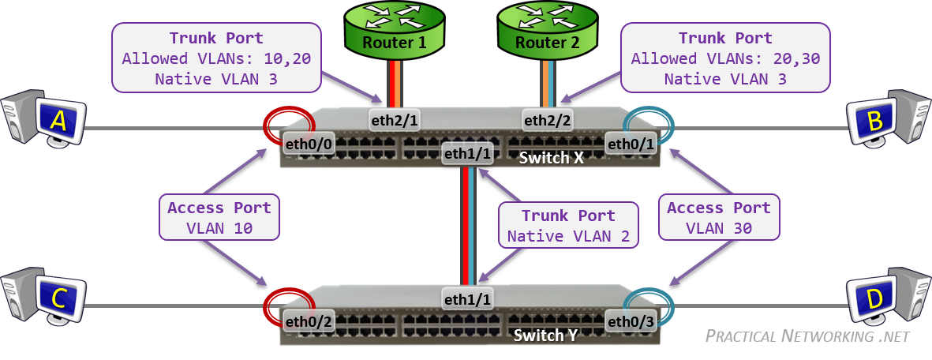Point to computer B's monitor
pos(874,120)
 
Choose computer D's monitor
pos(874,298)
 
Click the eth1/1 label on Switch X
pos(467,154)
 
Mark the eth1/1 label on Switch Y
pos(467,299)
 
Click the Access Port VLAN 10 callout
pos(219,218)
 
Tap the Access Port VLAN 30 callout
pos(718,218)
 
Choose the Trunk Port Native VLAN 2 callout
pos(567,225)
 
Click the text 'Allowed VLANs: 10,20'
pos(216,58)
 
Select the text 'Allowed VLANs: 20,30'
pos(725,58)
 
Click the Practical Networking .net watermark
pos(807,336)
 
